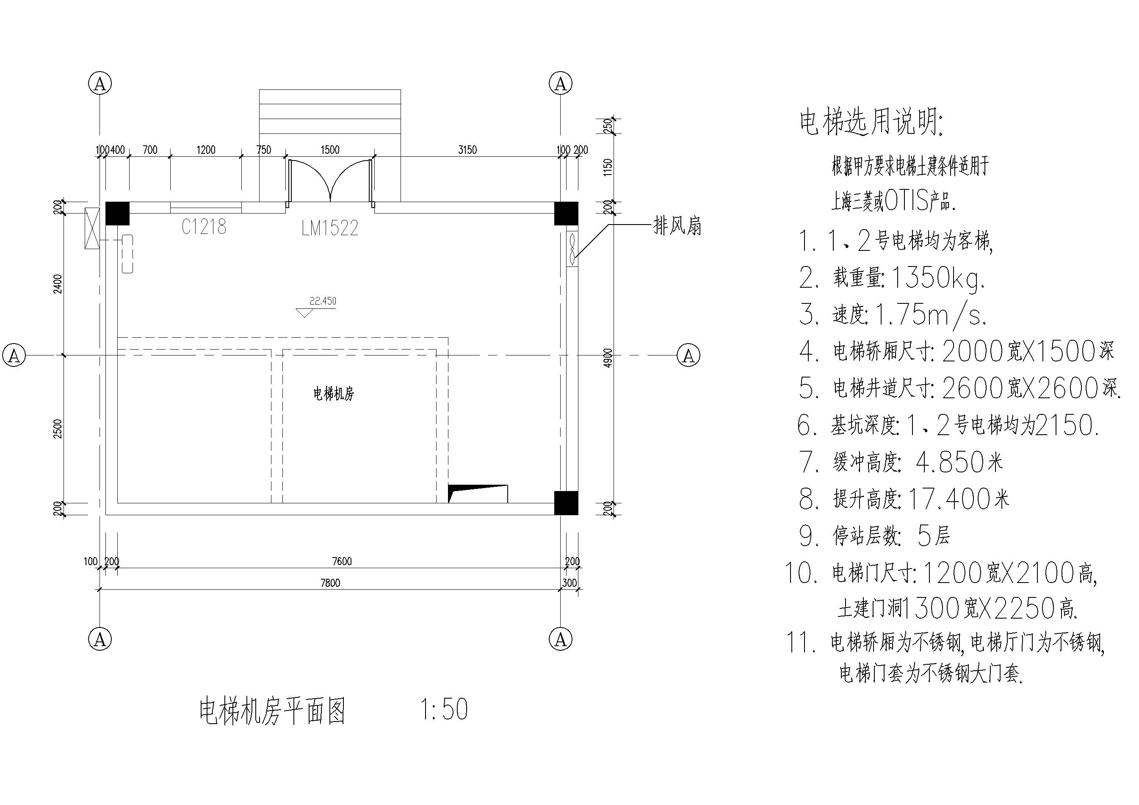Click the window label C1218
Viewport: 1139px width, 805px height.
coord(204,227)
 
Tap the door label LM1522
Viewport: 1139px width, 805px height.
coord(330,228)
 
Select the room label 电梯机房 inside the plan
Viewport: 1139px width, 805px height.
coord(334,394)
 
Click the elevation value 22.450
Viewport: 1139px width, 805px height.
coord(323,301)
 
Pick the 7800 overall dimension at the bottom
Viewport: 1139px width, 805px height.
coord(330,583)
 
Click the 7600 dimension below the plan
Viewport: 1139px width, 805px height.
coord(342,561)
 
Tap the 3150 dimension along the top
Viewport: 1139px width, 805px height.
coord(467,150)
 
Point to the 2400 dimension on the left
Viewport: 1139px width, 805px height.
coord(58,283)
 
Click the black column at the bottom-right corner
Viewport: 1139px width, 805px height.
coord(566,503)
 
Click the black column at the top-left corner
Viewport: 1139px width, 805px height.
coord(118,214)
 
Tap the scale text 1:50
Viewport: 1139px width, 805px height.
coord(444,709)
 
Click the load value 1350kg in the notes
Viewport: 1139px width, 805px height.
coord(939,278)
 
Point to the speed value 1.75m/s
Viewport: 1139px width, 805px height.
coord(931,314)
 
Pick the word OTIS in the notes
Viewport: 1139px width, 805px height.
coord(906,202)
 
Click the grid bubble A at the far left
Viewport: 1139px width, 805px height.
coord(14,355)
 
